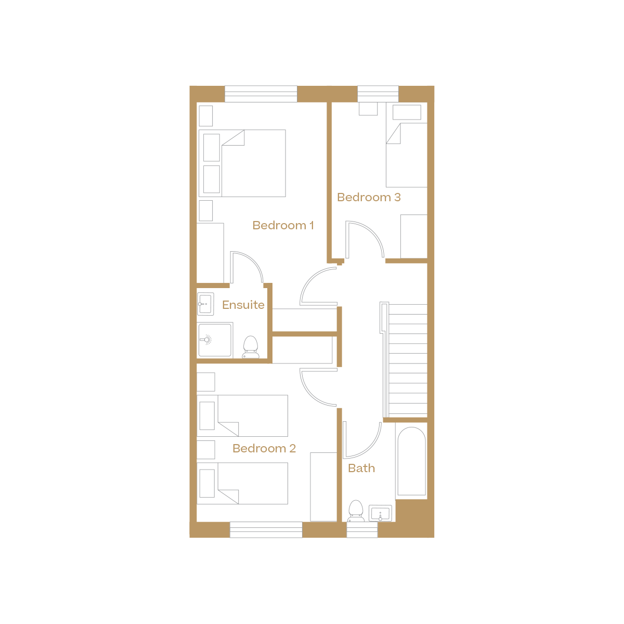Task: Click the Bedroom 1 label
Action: tap(283, 225)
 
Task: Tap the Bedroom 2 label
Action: tap(264, 448)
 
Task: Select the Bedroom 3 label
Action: tap(369, 197)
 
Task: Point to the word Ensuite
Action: tap(243, 305)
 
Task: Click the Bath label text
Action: tap(361, 468)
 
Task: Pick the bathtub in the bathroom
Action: tap(411, 461)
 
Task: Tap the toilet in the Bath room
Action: tap(356, 510)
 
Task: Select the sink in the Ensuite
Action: tap(205, 304)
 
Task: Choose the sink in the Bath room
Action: tap(380, 513)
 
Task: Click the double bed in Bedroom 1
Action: tap(253, 163)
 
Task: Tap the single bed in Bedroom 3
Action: tap(406, 155)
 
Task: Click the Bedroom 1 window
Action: tap(261, 94)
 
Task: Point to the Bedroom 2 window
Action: tap(266, 530)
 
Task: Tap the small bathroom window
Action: tap(362, 530)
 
